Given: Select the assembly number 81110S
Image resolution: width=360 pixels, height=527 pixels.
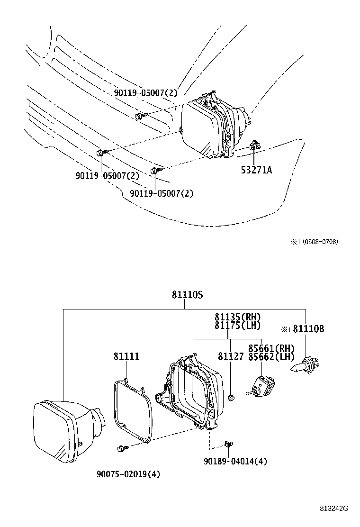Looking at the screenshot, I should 187,295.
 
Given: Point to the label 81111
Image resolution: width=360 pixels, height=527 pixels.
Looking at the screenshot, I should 126,356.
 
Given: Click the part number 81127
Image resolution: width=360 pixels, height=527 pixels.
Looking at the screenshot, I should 231,356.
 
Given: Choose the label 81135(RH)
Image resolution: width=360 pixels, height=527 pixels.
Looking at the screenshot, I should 237,317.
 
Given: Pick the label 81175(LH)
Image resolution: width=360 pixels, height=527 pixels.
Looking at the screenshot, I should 237,326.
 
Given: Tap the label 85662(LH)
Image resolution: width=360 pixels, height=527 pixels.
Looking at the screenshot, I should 271,357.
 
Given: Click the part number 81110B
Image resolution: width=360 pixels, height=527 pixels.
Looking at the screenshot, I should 308,328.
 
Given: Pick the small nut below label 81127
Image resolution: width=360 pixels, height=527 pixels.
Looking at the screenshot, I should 231,397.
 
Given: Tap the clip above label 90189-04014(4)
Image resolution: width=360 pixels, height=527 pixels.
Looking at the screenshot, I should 228,444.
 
